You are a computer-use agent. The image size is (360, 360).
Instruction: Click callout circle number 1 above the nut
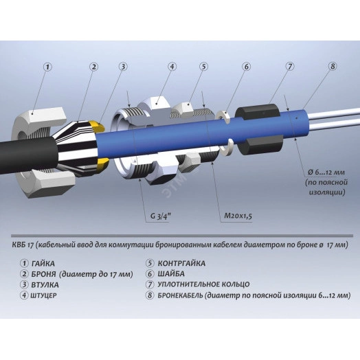[x=48, y=67]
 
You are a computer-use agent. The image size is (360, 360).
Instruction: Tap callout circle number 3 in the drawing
[x=123, y=67]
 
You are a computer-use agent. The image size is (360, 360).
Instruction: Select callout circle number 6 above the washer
[x=247, y=67]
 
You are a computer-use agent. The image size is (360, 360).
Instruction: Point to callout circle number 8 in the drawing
[x=333, y=66]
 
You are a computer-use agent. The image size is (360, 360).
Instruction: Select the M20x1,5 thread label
[x=238, y=216]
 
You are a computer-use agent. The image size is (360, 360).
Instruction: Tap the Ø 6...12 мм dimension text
[x=326, y=172]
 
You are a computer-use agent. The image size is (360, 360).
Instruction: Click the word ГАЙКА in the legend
[x=43, y=264]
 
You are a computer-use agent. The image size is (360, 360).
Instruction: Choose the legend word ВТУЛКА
[x=45, y=285]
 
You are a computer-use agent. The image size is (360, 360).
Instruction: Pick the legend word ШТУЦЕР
[x=43, y=295]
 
